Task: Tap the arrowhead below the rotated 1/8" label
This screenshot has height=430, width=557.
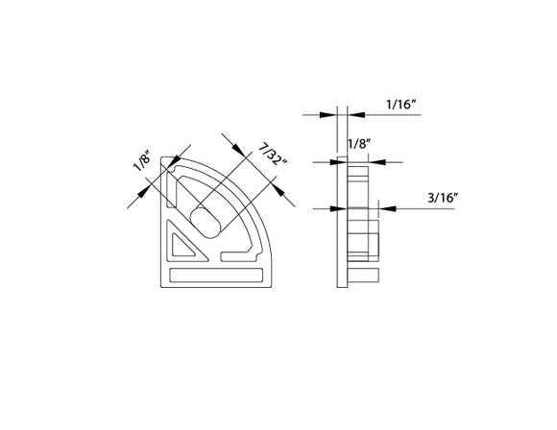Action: point(134,196)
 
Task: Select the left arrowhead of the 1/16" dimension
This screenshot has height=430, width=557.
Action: point(329,114)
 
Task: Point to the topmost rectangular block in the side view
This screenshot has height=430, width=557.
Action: point(358,176)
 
